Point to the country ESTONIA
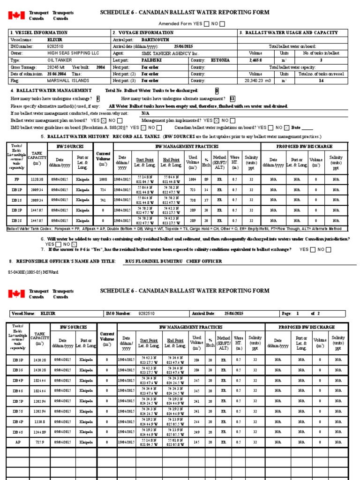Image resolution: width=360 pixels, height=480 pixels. click(x=220, y=60)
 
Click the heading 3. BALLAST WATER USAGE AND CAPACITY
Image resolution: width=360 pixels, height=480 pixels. click(x=288, y=33)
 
